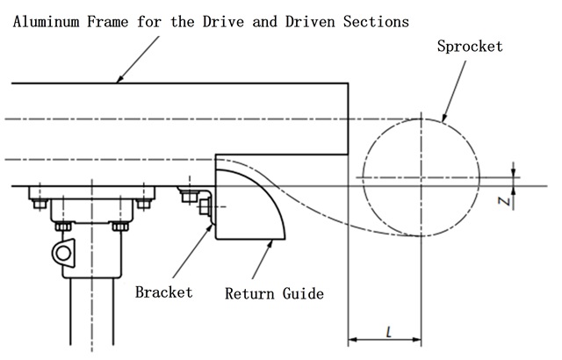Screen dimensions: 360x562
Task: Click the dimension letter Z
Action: (502, 201)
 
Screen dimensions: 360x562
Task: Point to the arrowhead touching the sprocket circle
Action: (444, 120)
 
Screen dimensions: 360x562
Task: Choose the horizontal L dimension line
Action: (385, 340)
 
